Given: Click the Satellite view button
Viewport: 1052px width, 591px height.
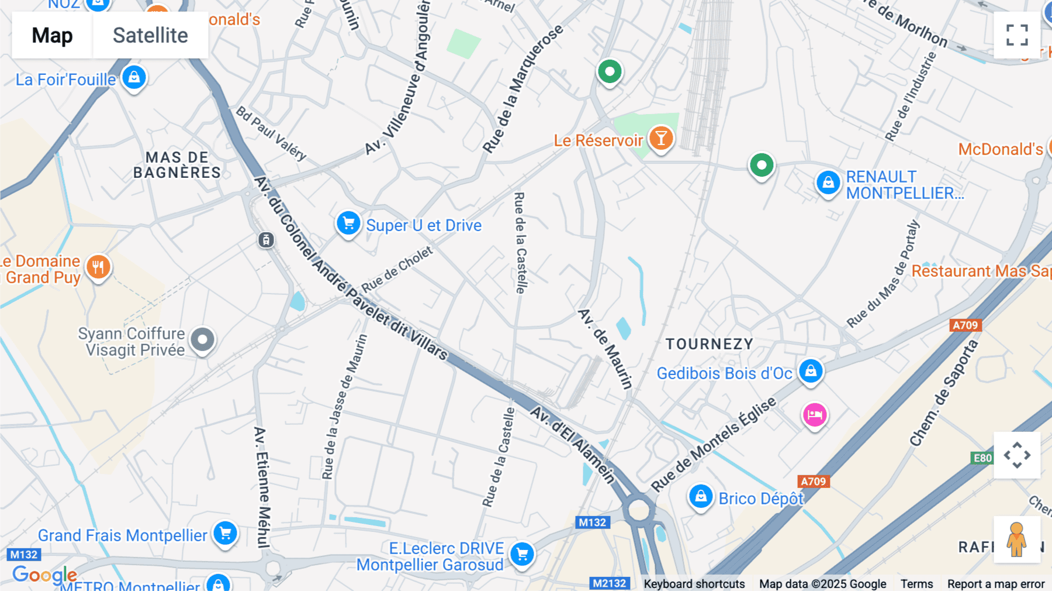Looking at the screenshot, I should pos(150,35).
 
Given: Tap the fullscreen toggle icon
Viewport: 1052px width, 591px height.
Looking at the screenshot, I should pos(1017,35).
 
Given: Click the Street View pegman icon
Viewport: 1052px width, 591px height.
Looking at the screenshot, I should pos(1016,539).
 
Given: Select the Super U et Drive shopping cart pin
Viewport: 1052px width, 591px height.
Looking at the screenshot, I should pos(348,224).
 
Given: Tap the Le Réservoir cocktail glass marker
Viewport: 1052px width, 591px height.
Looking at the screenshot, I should pos(661,139).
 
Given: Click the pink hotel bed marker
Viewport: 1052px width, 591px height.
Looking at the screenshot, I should pos(815,415).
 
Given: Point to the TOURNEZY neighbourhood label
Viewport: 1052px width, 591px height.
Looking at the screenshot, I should pos(710,344).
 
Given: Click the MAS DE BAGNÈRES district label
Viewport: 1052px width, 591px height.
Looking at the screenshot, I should pos(177,165).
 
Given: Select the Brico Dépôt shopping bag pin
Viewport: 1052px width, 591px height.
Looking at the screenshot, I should pos(700,497).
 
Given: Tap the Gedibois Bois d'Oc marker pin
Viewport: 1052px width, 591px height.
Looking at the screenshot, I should pos(811,371).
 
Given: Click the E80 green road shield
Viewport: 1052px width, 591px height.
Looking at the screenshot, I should pos(982,458).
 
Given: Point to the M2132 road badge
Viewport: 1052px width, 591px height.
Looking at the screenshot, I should pos(609,583).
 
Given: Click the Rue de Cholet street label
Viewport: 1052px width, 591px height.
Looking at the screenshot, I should pos(397,270).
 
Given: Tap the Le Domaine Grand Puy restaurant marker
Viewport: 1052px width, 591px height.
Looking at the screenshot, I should pos(98,267).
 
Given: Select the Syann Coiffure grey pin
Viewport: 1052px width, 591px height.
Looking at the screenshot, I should pos(203,339).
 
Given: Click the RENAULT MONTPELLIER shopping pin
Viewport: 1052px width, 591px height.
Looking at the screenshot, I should pos(828,183).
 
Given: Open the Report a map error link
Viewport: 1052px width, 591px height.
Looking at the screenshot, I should pos(995,584).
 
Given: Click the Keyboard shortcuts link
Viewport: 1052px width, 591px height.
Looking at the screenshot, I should pos(694,584).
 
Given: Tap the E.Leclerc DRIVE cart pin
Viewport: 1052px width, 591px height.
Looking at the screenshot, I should pos(522,554).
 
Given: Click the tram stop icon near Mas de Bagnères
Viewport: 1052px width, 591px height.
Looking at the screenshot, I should pos(266,240).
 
